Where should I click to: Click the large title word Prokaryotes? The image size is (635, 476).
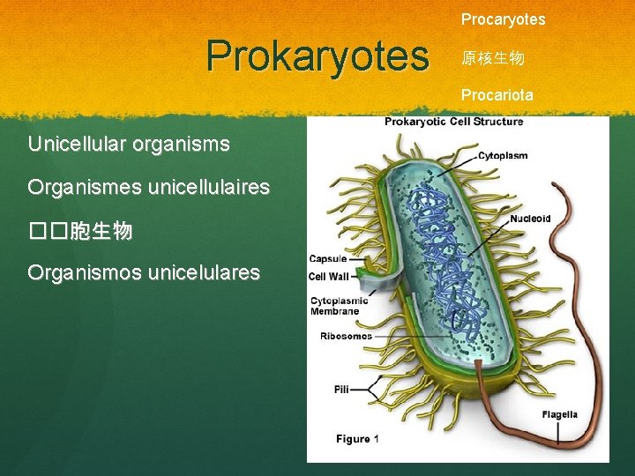(317, 56)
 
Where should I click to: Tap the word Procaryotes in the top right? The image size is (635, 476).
(503, 19)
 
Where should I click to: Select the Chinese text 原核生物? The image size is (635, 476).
(492, 58)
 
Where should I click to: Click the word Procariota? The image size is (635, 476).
(497, 94)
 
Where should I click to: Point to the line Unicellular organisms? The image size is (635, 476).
(129, 143)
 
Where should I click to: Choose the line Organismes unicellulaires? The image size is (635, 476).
(148, 187)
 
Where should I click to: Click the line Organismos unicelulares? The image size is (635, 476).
(144, 272)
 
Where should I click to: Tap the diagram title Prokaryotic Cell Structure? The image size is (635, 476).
(453, 122)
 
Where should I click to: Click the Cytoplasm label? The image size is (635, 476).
(503, 155)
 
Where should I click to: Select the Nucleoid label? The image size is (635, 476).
(530, 219)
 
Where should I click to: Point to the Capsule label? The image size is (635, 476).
(327, 259)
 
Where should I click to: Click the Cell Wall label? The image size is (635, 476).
(329, 276)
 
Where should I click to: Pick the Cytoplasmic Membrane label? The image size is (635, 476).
(340, 306)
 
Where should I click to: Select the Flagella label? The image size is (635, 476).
(559, 414)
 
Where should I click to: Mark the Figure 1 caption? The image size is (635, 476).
(357, 438)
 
